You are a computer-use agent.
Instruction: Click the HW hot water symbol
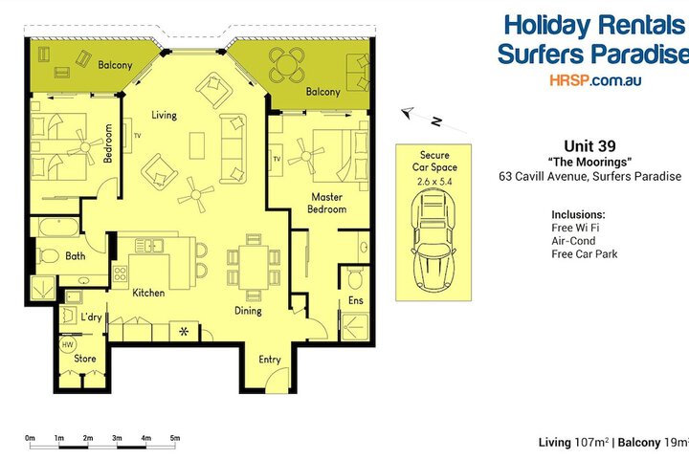[x=67, y=345]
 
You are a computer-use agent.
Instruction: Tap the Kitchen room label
[x=148, y=293]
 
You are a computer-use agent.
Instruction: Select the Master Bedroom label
[x=327, y=203]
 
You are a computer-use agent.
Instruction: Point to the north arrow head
[x=408, y=113]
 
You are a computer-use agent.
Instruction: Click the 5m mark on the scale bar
[x=175, y=438]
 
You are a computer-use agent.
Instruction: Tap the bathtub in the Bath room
[x=58, y=227]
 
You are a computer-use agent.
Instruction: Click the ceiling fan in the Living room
[x=196, y=194]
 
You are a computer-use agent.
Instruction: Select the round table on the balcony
[x=287, y=65]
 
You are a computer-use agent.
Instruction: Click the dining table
[x=253, y=268]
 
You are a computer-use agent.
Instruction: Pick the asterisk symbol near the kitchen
[x=184, y=331]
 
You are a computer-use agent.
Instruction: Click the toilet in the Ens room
[x=355, y=277]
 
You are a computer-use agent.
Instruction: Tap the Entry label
[x=269, y=360]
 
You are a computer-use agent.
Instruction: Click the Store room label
[x=85, y=359]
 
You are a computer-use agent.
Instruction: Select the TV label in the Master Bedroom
[x=277, y=159]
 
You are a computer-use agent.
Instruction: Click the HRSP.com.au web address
[x=595, y=80]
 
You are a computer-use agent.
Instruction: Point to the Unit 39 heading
[x=589, y=145]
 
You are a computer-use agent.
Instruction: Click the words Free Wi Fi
[x=575, y=228]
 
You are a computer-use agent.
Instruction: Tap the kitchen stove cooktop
[x=120, y=273]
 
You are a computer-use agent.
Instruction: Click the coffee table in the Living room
[x=197, y=145]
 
